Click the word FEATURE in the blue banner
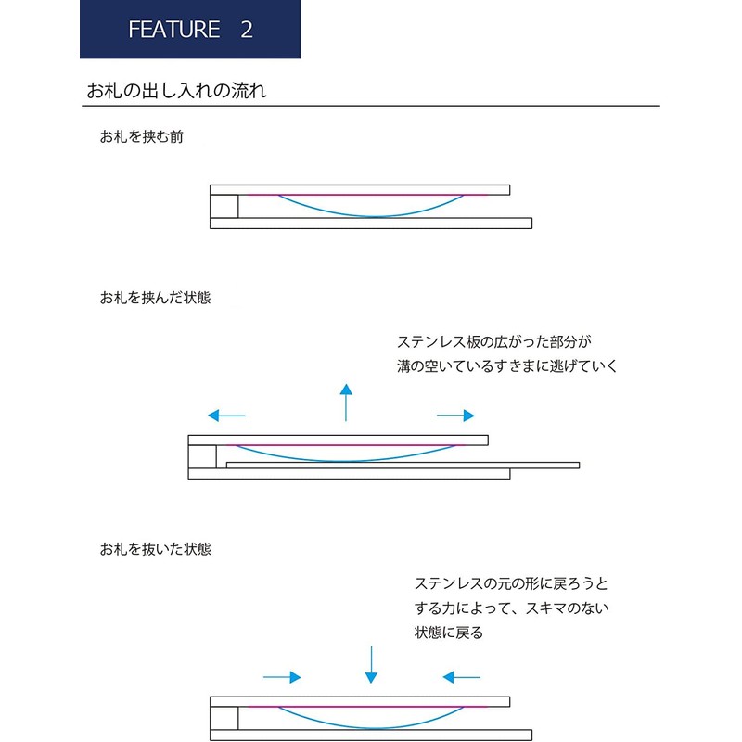coord(174,30)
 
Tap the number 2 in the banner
coord(247,30)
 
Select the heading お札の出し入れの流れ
coord(176,90)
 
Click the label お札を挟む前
coord(141,136)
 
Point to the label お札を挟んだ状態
coord(155,298)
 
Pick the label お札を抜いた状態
coord(155,549)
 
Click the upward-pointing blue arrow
coord(346,403)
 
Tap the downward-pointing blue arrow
coord(372,664)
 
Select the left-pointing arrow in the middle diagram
coord(226,416)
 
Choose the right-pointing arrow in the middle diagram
coord(455,416)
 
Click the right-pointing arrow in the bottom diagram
coord(282,677)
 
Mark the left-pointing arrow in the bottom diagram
coord(461,677)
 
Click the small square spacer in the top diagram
coord(224,206)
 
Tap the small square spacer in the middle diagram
coord(202,456)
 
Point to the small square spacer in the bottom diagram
coord(224,718)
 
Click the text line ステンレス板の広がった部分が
coord(494,341)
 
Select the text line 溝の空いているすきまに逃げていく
coord(507,365)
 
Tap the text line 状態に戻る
coord(449,633)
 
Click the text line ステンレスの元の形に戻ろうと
coord(511,583)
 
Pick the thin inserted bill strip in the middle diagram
coord(403,466)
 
